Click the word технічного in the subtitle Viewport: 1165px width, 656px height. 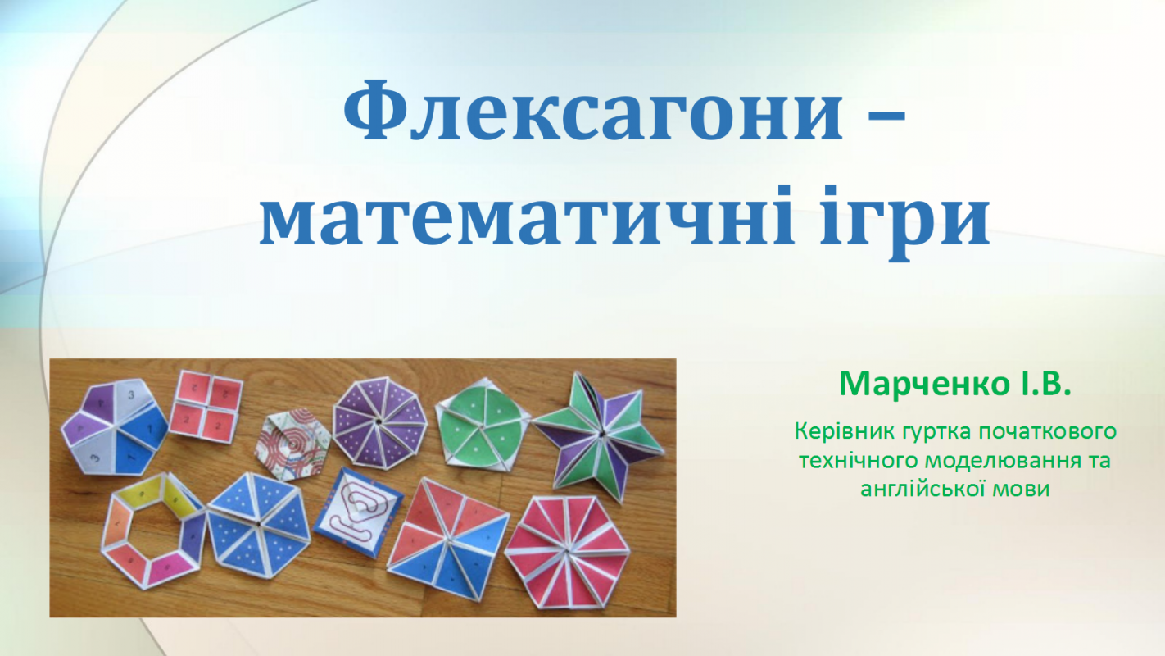pos(857,460)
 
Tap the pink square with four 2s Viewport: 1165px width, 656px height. pos(206,407)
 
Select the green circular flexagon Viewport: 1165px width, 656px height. pos(481,421)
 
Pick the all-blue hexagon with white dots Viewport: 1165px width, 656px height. pos(259,526)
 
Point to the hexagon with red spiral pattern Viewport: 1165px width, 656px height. pos(292,444)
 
